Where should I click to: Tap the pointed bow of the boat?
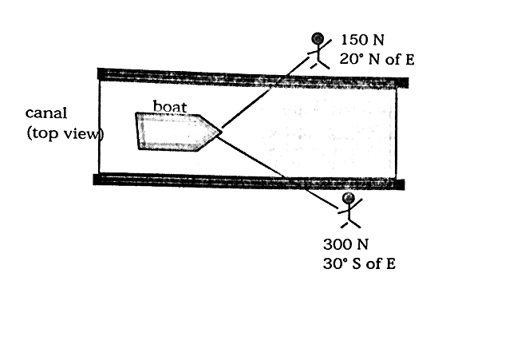(x=218, y=132)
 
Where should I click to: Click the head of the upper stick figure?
(x=318, y=38)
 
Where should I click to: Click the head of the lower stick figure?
(x=348, y=198)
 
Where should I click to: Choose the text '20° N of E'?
(x=376, y=58)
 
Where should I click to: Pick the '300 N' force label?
(x=344, y=244)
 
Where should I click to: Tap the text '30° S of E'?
(x=359, y=263)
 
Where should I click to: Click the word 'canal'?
(x=45, y=114)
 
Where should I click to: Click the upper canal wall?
(x=252, y=77)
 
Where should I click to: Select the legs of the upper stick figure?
(x=318, y=62)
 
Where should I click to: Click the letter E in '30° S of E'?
(x=390, y=263)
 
